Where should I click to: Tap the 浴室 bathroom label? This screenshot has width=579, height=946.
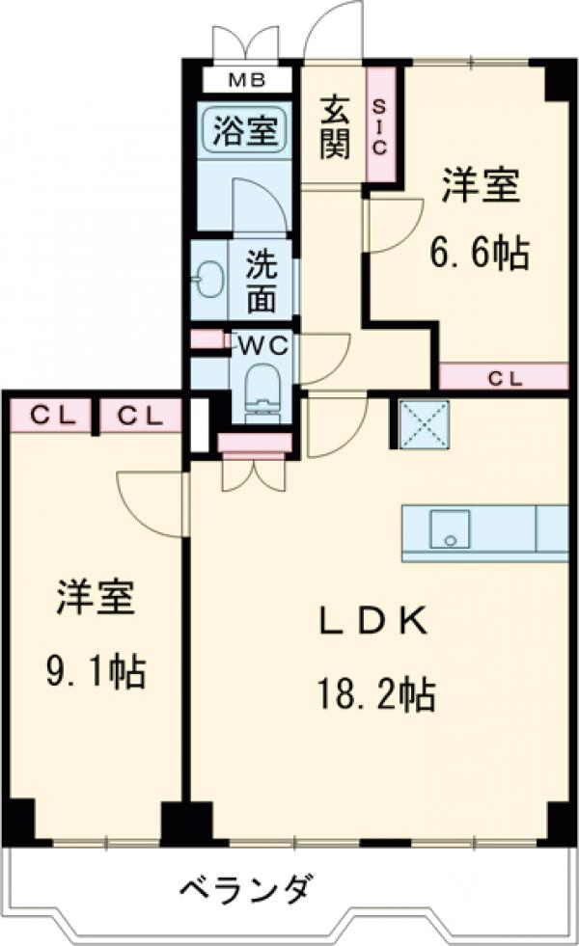tap(245, 130)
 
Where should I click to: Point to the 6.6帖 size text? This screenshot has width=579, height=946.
tap(480, 254)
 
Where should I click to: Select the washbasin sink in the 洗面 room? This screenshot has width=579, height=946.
tap(207, 281)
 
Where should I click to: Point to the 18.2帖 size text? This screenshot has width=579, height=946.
tap(372, 692)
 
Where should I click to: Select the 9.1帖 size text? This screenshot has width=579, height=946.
tap(95, 670)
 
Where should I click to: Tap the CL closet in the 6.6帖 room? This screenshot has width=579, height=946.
tap(503, 378)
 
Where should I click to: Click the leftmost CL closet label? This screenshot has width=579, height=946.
tap(49, 416)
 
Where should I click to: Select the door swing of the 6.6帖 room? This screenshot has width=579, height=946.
tap(391, 224)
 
